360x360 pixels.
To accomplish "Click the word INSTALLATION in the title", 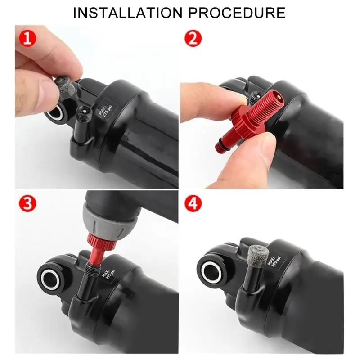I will [127, 12].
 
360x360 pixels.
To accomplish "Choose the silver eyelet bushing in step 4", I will [212, 271].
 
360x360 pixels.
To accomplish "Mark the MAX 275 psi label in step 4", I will [274, 260].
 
